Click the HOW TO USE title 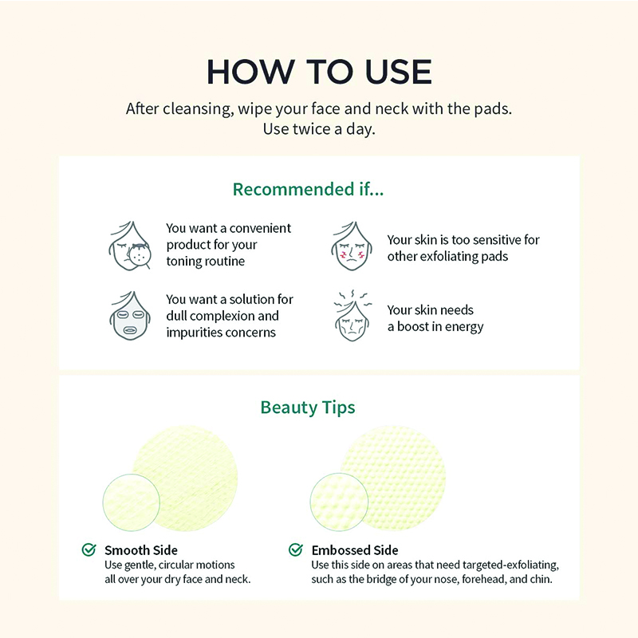(x=319, y=72)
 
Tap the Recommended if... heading (x=308, y=189)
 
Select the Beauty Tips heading (x=308, y=408)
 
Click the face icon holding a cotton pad (x=130, y=246)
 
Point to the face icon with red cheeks (x=352, y=246)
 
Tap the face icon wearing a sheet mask (x=130, y=316)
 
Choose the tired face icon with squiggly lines (x=352, y=316)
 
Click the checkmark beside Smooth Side (x=89, y=549)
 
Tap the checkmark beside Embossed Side (x=296, y=549)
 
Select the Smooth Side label (x=141, y=550)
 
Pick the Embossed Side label (x=355, y=550)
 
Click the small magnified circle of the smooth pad (x=131, y=502)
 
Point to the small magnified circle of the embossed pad (x=339, y=502)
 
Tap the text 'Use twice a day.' (x=319, y=129)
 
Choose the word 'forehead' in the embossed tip (x=484, y=579)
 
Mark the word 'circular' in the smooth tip (x=181, y=565)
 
